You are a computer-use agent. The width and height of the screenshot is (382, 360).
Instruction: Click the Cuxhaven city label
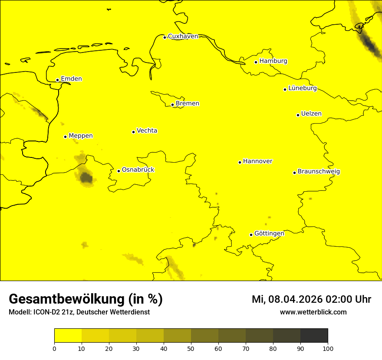click(x=183, y=36)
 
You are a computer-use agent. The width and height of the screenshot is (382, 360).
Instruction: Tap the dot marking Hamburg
click(x=256, y=62)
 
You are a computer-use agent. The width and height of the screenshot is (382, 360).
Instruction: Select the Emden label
click(x=71, y=79)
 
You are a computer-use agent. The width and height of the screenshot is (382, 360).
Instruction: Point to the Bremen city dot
click(x=172, y=105)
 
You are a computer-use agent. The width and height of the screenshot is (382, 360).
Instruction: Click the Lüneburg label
click(x=302, y=88)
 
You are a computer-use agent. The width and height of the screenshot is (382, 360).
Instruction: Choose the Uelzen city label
click(x=311, y=114)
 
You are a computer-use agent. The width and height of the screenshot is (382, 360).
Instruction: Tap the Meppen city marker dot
click(x=65, y=137)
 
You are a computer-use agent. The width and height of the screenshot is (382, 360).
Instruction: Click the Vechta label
click(x=147, y=131)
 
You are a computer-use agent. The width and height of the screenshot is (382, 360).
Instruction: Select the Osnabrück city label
click(x=138, y=170)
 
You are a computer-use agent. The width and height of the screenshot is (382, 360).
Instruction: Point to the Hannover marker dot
click(x=240, y=162)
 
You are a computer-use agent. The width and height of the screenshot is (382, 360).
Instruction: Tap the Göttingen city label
click(x=269, y=234)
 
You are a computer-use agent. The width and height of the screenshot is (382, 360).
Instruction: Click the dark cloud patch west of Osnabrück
click(x=86, y=177)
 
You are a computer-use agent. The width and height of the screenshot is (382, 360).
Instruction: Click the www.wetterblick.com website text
click(x=313, y=312)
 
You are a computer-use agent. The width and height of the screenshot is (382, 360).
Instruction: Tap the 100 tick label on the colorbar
click(x=328, y=348)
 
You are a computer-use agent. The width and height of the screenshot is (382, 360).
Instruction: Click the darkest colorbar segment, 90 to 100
click(x=314, y=335)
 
